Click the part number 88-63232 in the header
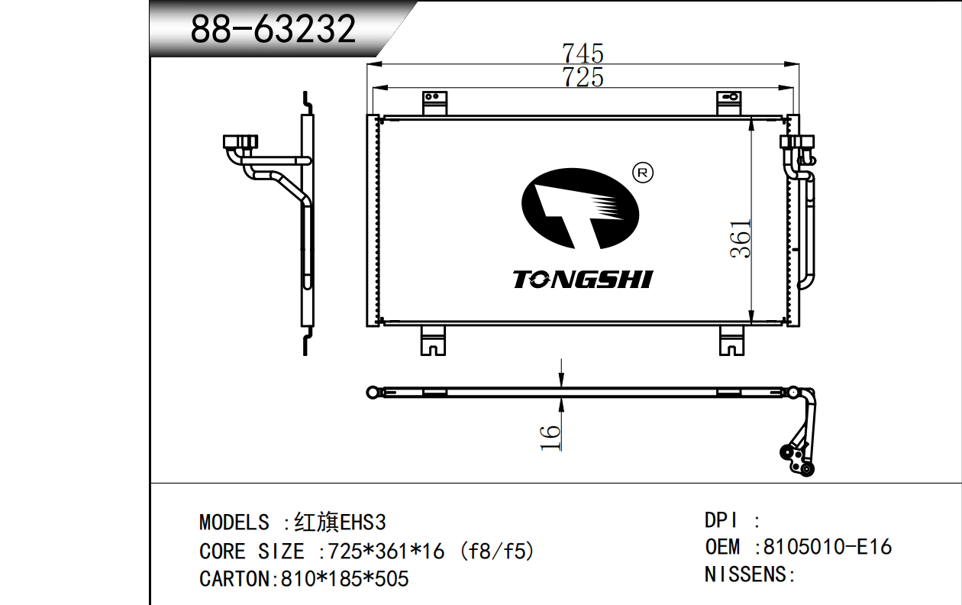click(273, 29)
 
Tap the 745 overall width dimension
click(583, 53)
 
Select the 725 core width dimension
click(583, 77)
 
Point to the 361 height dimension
click(741, 239)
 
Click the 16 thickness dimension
click(550, 438)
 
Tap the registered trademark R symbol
click(643, 173)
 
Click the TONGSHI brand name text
click(583, 280)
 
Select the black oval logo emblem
click(580, 209)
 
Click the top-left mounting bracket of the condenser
click(434, 102)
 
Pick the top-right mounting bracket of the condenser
click(729, 102)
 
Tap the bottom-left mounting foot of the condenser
click(433, 341)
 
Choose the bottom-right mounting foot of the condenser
click(731, 341)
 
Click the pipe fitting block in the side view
click(240, 142)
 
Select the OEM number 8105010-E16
click(828, 547)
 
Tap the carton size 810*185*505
click(344, 579)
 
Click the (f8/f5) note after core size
click(497, 551)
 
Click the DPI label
click(721, 520)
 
